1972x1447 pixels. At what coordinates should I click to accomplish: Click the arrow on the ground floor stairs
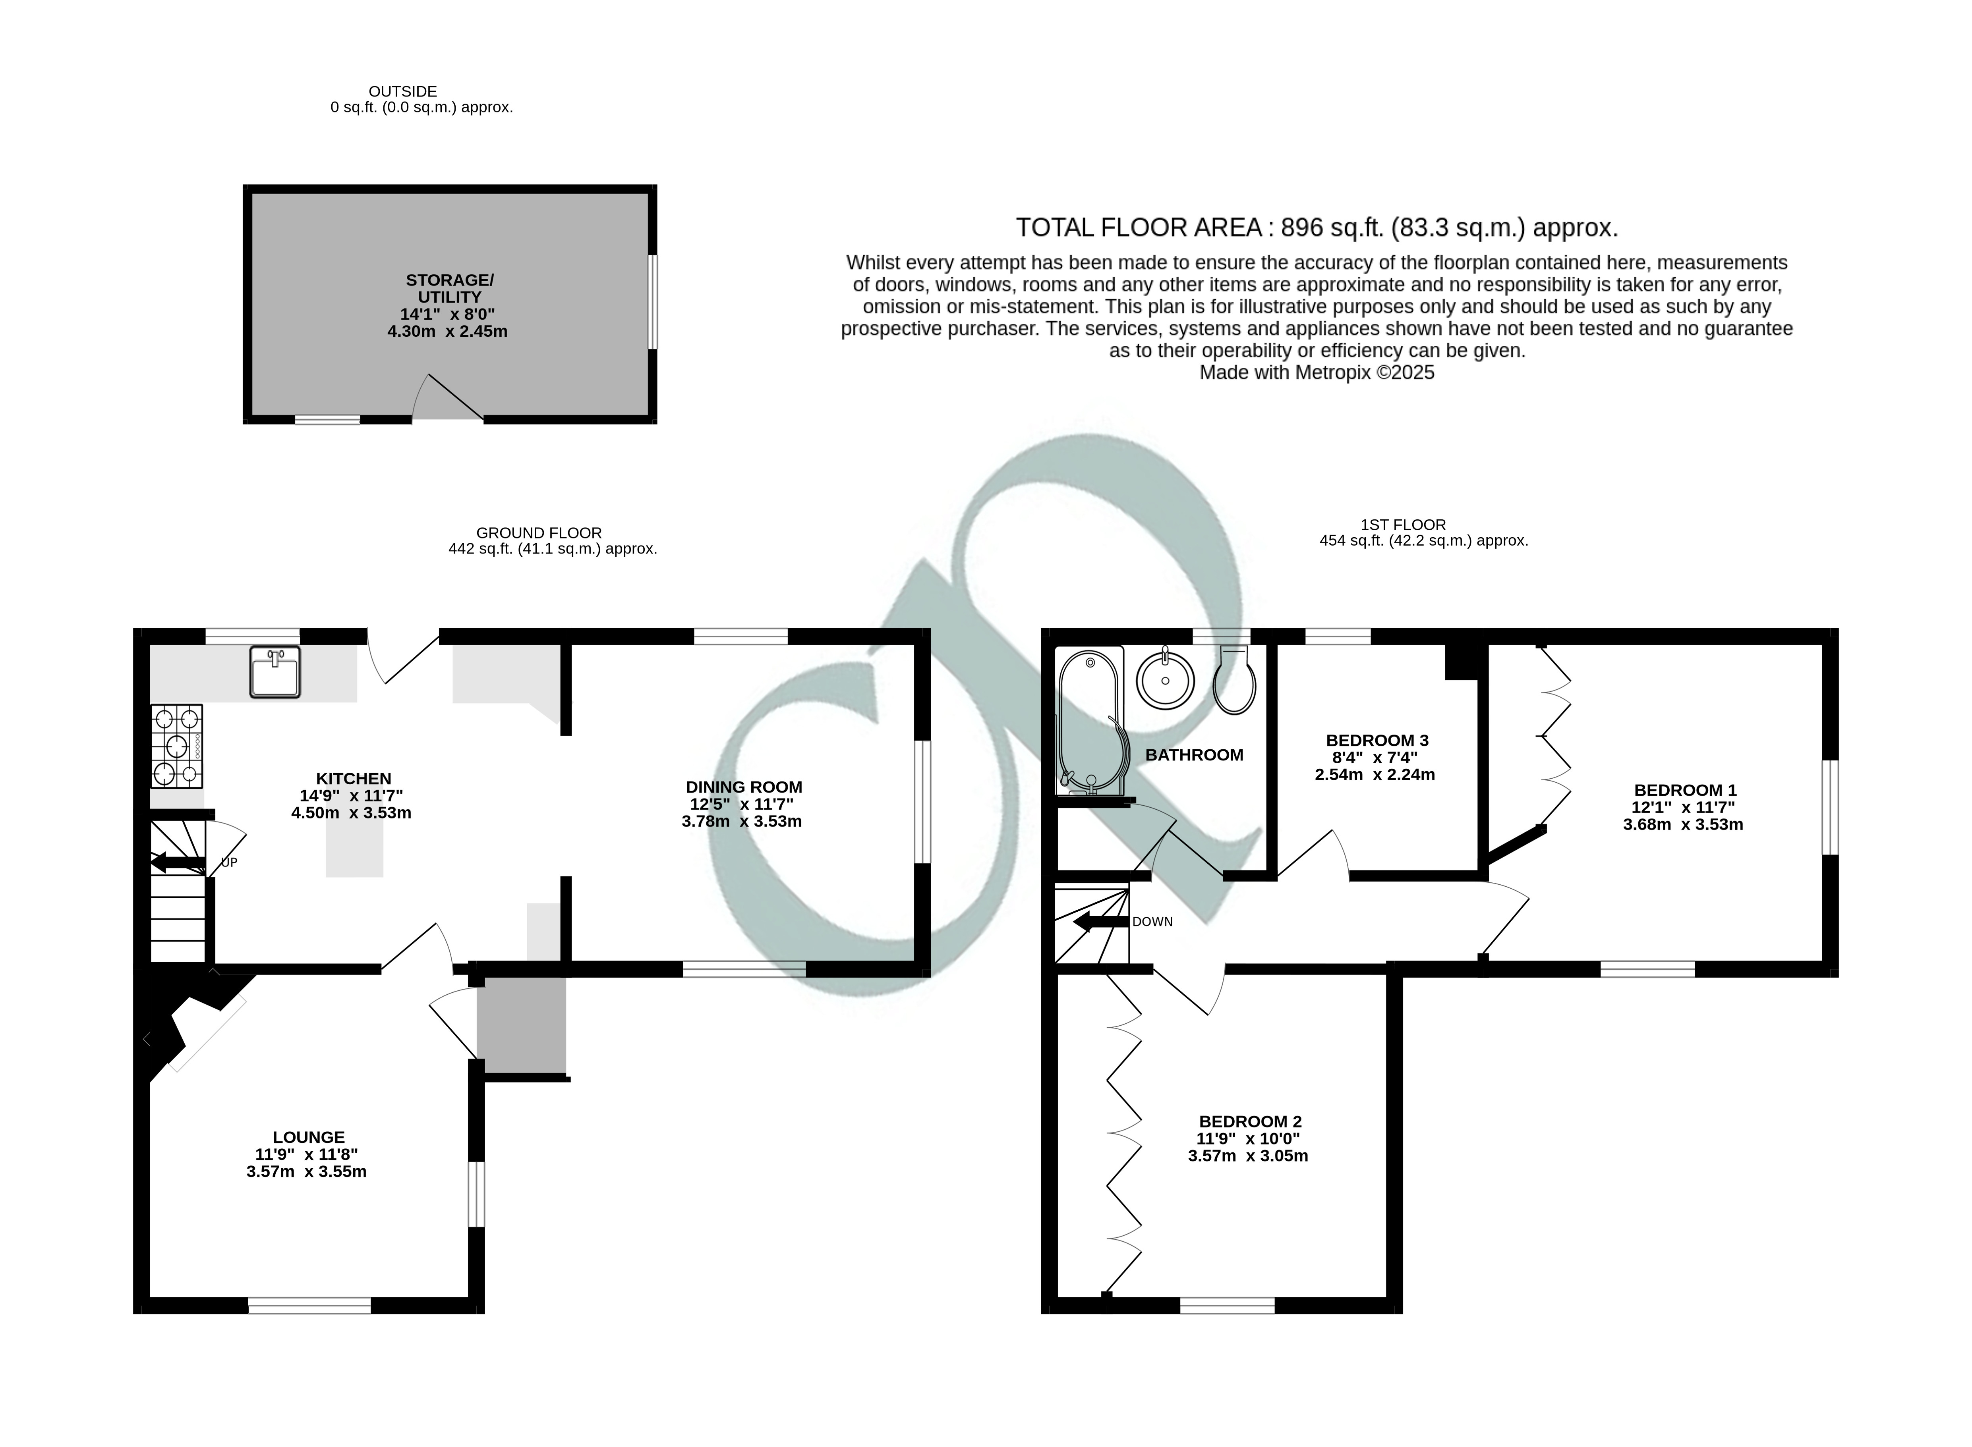178,863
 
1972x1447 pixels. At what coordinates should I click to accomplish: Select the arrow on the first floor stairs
1101,922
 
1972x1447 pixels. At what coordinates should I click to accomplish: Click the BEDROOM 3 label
1377,740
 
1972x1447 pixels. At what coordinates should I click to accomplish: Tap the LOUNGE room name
308,1137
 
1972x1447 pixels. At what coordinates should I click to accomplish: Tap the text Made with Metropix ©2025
1317,372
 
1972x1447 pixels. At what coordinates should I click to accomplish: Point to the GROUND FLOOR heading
539,532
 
